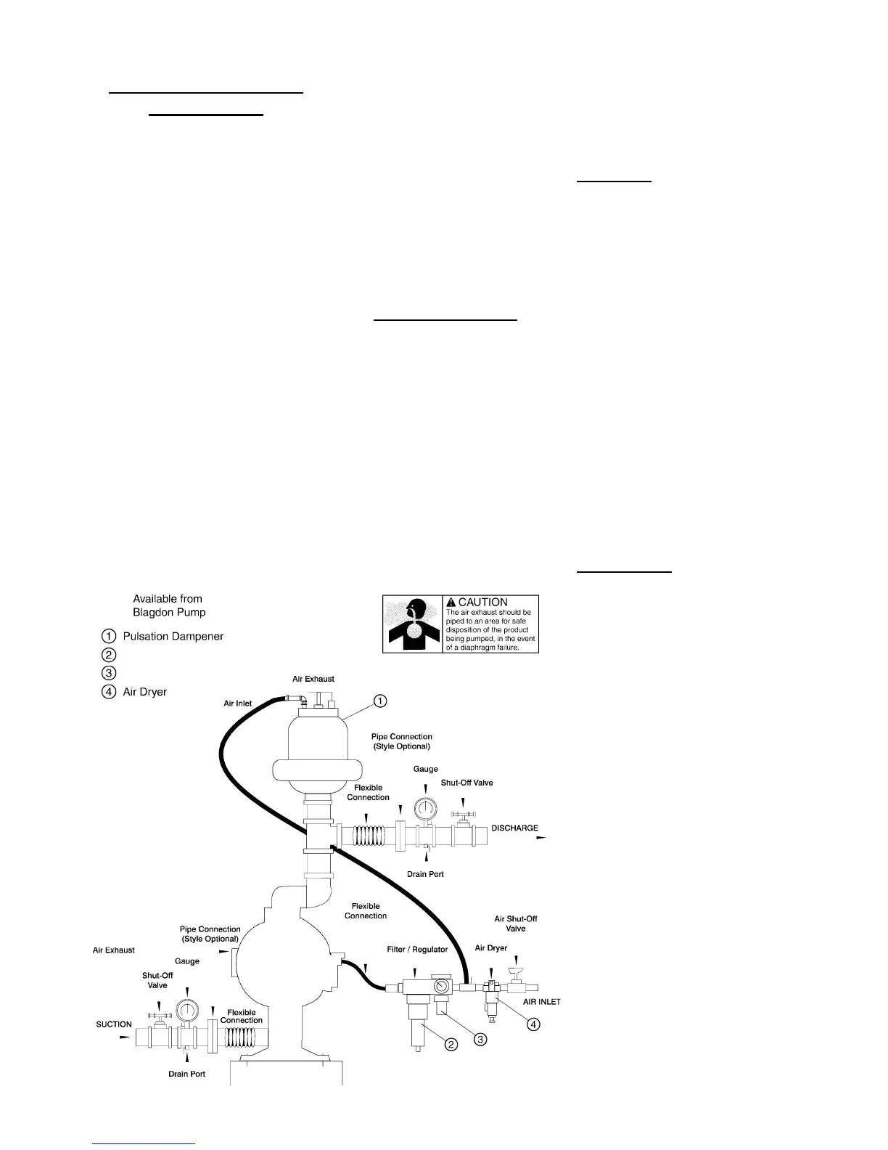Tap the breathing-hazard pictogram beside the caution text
coord(412,624)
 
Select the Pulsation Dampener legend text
coord(173,636)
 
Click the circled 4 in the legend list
coord(107,692)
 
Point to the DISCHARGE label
coord(514,828)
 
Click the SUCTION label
coord(114,1024)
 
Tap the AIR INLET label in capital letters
coord(541,1002)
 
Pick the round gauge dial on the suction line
coord(186,1011)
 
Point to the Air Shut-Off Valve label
coord(515,923)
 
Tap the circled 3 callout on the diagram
coord(480,1039)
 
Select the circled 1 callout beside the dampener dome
coord(380,701)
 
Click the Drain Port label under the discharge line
coord(425,874)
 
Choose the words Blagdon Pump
coord(169,612)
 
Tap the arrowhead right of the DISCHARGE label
coord(540,836)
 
